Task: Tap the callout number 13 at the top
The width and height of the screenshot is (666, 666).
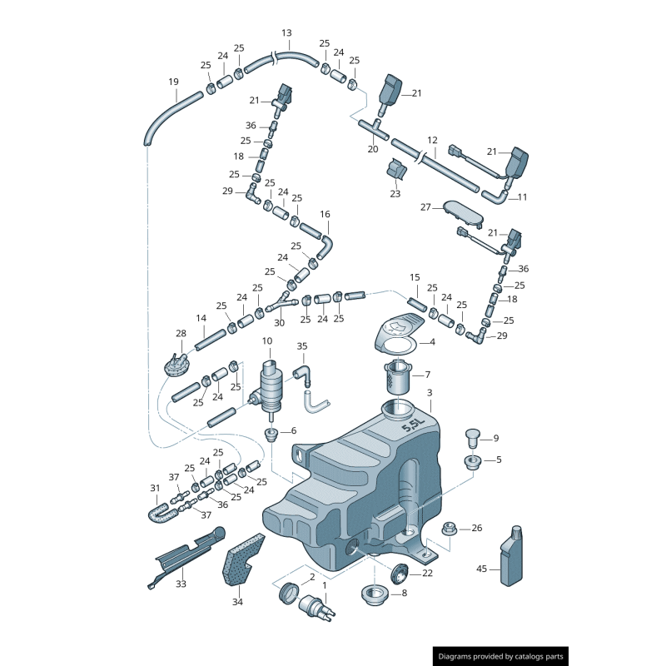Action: pyautogui.click(x=286, y=33)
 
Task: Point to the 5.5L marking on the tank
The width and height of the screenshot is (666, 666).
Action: pyautogui.click(x=413, y=425)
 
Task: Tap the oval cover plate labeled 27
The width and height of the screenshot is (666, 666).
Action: pyautogui.click(x=462, y=211)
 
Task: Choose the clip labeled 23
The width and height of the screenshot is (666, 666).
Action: pyautogui.click(x=395, y=170)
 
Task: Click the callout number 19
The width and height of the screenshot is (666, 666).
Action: pyautogui.click(x=173, y=82)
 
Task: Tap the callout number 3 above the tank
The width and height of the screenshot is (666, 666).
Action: pyautogui.click(x=430, y=393)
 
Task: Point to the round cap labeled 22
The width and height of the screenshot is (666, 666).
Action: pyautogui.click(x=400, y=573)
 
